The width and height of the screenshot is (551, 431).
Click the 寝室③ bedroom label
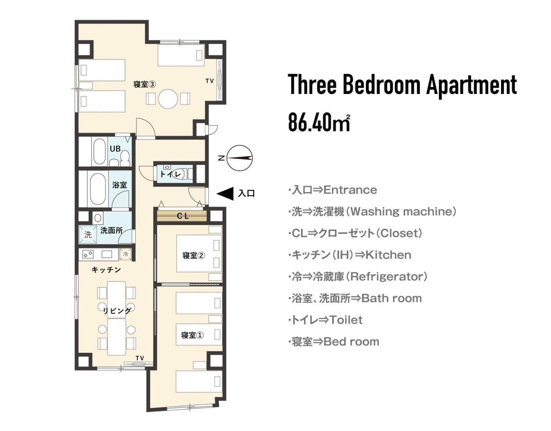click(x=144, y=84)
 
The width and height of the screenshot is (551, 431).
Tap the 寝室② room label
click(x=193, y=255)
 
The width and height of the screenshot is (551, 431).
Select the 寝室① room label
click(x=192, y=335)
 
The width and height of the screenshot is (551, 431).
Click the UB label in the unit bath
click(x=115, y=149)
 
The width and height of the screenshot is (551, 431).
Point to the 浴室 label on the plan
click(x=119, y=185)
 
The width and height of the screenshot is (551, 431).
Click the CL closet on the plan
click(x=182, y=216)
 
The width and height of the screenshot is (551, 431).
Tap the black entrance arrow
click(x=225, y=193)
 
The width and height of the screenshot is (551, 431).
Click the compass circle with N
click(x=240, y=158)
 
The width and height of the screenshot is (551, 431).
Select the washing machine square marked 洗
click(x=88, y=234)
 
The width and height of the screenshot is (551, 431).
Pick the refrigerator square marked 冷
click(x=125, y=254)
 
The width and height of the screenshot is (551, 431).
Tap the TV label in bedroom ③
click(x=209, y=81)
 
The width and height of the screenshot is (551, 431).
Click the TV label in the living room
click(x=140, y=358)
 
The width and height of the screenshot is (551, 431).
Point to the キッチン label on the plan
click(x=106, y=270)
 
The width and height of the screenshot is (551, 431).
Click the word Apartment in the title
click(x=471, y=85)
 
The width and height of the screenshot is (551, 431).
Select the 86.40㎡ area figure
click(x=319, y=122)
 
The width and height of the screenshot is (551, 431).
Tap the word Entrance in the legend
click(x=350, y=190)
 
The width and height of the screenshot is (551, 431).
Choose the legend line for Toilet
click(x=325, y=320)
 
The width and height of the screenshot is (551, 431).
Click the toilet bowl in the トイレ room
click(x=178, y=174)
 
